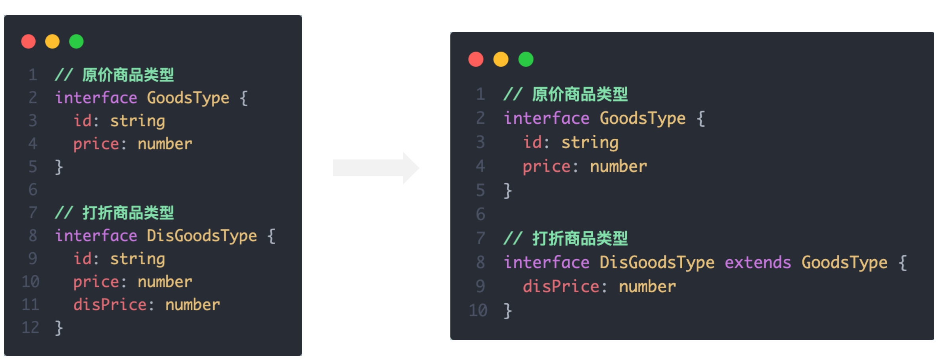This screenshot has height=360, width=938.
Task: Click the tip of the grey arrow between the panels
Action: coord(419,168)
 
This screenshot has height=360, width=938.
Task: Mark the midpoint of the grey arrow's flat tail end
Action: coord(333,168)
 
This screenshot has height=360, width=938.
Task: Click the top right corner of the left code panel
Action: coord(302,15)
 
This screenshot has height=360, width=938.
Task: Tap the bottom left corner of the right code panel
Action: coord(451,340)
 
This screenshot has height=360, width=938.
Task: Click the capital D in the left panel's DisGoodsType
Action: coord(151,236)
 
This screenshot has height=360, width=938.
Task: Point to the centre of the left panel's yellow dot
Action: coord(52,41)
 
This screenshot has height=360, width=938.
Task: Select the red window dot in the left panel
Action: coord(29,41)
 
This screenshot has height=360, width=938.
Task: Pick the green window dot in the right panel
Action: coord(526,59)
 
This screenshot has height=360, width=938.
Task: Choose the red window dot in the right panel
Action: coord(476,59)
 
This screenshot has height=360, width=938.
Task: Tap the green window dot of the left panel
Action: coord(76,41)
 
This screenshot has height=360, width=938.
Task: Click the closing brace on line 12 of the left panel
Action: coord(59,328)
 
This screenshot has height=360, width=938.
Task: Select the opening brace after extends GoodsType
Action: coord(902,263)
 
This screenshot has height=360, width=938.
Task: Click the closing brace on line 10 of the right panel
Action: coord(508,311)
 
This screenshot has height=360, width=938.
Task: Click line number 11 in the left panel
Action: coord(31,304)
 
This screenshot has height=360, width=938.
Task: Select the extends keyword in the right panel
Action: coord(758,262)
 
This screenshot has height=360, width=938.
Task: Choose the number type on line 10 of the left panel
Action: coord(165,281)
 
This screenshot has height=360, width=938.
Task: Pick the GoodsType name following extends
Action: coord(844,263)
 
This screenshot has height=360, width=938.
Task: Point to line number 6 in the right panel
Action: coord(480,214)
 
